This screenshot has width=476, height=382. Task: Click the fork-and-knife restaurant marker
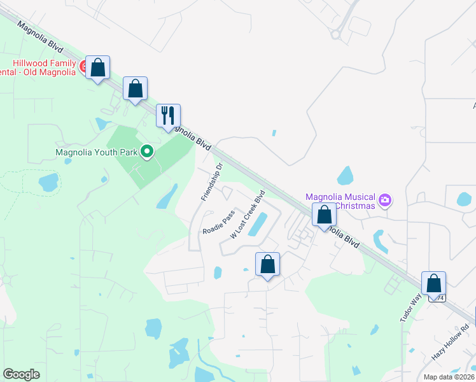(x=169, y=116)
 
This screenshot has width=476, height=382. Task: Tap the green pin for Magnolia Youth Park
(x=147, y=152)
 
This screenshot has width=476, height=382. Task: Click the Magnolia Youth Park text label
(x=96, y=152)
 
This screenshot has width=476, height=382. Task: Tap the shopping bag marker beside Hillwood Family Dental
(x=98, y=67)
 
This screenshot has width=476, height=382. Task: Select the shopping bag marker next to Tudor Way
(x=433, y=283)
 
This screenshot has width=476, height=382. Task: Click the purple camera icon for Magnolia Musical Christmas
(x=384, y=201)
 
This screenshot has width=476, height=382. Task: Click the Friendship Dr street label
(x=211, y=182)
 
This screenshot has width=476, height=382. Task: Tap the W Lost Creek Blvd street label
(x=247, y=214)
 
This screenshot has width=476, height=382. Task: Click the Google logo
(x=22, y=374)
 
